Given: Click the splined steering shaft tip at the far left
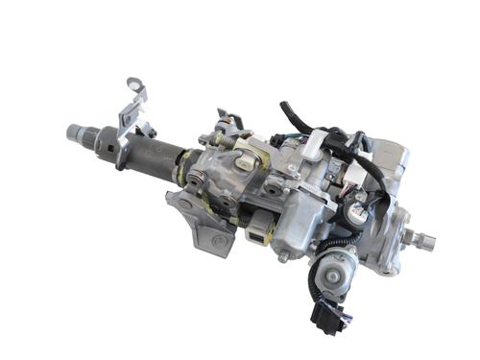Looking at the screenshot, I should click(75, 131).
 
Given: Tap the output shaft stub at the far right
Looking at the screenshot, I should click(422, 240).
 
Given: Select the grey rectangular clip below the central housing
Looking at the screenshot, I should click(258, 230).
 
